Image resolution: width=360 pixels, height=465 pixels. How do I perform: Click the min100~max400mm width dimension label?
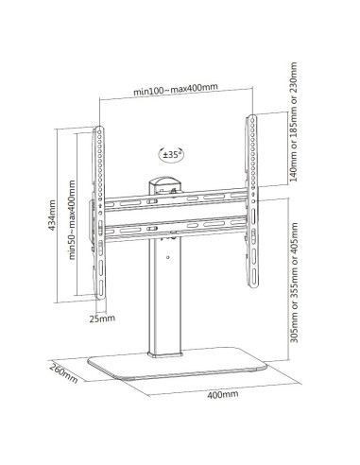click(176, 89)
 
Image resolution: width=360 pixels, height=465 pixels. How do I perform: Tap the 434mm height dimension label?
click(52, 215)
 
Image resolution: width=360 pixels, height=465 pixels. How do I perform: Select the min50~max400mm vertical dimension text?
click(72, 219)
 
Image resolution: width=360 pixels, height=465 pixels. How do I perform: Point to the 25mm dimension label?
click(102, 319)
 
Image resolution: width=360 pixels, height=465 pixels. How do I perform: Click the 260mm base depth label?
click(63, 372)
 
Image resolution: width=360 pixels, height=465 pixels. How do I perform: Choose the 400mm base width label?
click(223, 394)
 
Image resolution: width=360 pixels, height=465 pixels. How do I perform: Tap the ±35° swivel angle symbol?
click(171, 154)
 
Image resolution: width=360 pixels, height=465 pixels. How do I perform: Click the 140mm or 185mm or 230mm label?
click(293, 122)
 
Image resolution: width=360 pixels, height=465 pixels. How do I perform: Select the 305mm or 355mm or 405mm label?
click(294, 283)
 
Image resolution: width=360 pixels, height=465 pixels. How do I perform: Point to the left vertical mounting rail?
click(99, 212)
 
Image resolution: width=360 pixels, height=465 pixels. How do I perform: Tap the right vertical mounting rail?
click(251, 201)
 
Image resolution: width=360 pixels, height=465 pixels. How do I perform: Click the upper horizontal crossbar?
click(176, 199)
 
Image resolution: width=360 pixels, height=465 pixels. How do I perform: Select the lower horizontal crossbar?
click(176, 230)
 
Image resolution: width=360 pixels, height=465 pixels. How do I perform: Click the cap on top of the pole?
click(165, 184)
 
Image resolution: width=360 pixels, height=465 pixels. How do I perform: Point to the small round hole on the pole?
click(168, 257)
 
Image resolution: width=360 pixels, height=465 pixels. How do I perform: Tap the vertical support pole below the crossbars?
click(164, 296)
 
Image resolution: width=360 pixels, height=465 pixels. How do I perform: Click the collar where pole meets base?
click(165, 354)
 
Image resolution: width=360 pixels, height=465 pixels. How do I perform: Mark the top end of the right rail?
click(251, 115)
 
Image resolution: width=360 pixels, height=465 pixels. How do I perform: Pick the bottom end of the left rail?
click(100, 298)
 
